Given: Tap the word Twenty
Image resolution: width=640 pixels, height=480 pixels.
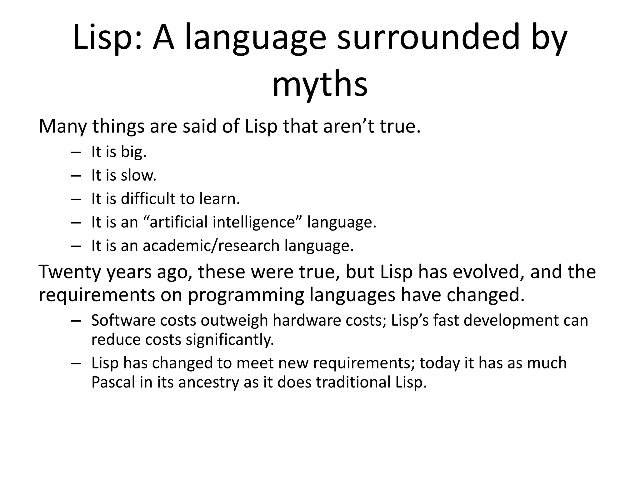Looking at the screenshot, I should click(70, 272).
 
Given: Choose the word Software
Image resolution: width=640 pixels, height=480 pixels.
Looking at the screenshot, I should click(122, 320).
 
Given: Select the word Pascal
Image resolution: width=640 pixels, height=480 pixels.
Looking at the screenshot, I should click(113, 382).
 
